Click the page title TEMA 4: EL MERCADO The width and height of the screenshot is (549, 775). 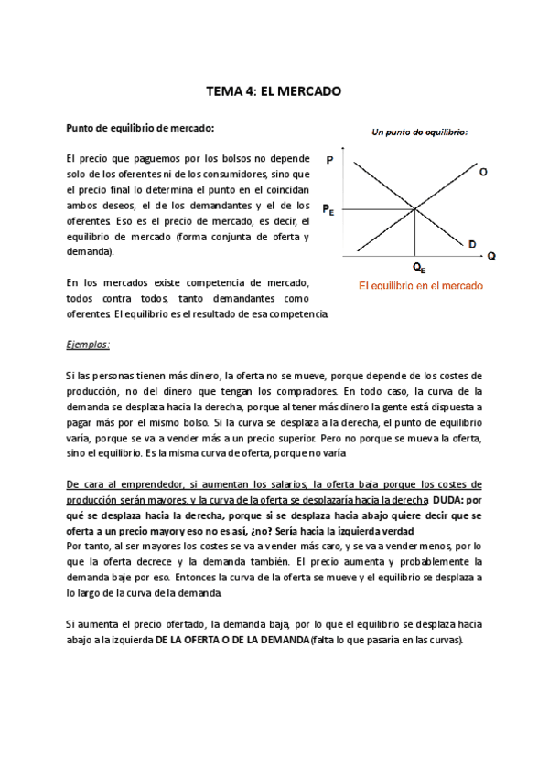274,91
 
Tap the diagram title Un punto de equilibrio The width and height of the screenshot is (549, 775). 419,133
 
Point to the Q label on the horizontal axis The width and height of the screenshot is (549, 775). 491,257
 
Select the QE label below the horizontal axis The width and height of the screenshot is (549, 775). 418,268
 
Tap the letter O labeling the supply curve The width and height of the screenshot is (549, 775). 483,171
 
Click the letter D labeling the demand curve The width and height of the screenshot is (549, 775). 472,244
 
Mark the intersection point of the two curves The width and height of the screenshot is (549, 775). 416,209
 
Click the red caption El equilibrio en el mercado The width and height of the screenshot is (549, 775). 421,285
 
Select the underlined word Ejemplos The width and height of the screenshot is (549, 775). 88,345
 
